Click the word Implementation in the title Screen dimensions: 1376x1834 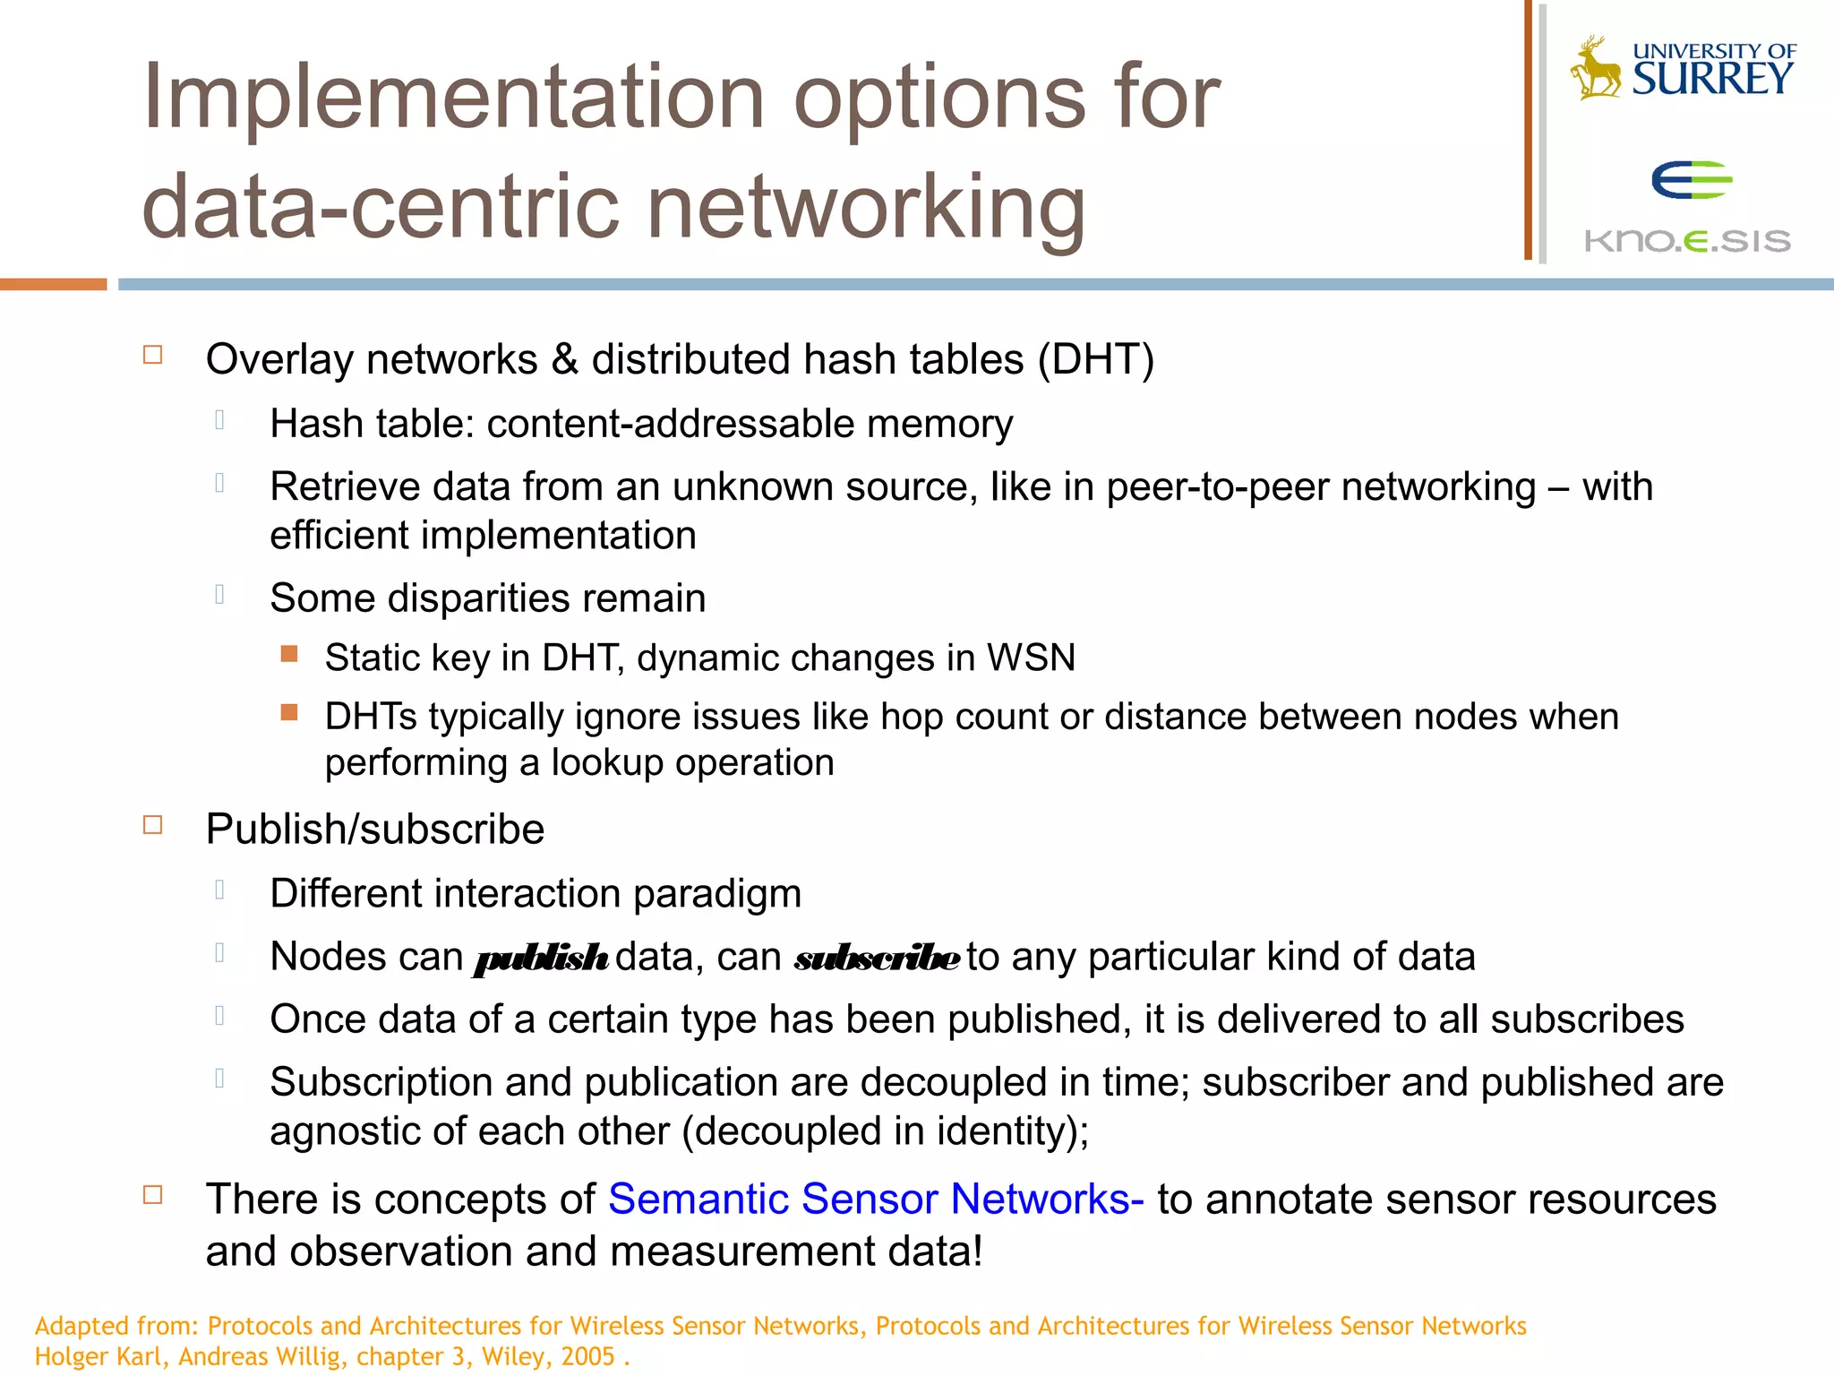pyautogui.click(x=453, y=97)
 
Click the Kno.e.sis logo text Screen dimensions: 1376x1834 pyautogui.click(x=1687, y=240)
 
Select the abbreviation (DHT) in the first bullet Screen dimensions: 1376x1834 pyautogui.click(x=1096, y=359)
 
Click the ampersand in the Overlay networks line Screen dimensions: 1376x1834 pyautogui.click(x=564, y=359)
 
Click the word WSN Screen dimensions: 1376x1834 pyautogui.click(x=1031, y=658)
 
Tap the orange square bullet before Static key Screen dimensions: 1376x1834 pyautogui.click(x=289, y=654)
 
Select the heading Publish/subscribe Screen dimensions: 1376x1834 pyautogui.click(x=374, y=829)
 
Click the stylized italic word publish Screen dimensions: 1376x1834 pyautogui.click(x=541, y=959)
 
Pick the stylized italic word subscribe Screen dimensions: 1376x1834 pyautogui.click(x=877, y=959)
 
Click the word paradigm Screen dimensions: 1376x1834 pyautogui.click(x=716, y=894)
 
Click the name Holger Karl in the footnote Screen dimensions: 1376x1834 pyautogui.click(x=99, y=1356)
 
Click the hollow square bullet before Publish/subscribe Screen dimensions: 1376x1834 pyautogui.click(x=153, y=825)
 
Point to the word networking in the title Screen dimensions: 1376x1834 pyautogui.click(x=865, y=208)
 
